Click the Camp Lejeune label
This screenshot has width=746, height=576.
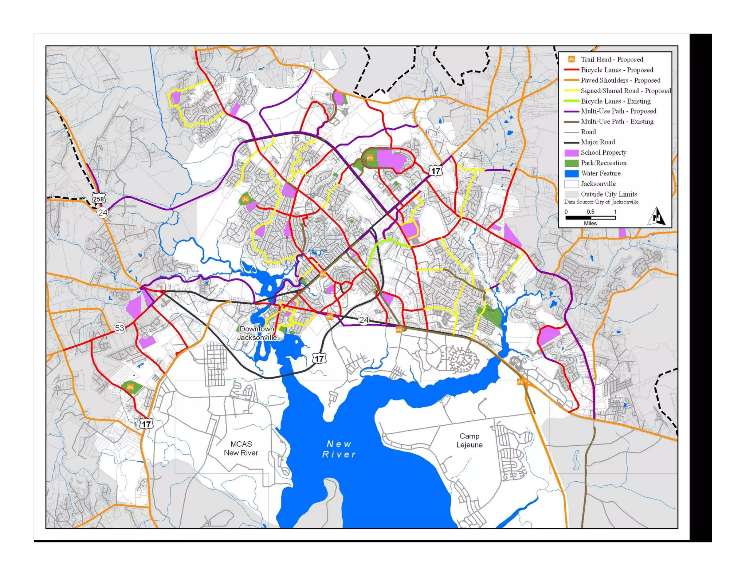[469, 440]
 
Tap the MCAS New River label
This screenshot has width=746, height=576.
[241, 448]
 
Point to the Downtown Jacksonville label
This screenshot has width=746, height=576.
[257, 333]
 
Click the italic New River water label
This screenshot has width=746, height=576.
[339, 449]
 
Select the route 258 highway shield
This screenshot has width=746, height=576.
[98, 198]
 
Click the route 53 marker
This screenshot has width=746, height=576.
[119, 328]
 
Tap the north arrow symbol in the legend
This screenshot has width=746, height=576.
[657, 217]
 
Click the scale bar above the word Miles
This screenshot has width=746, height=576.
[590, 218]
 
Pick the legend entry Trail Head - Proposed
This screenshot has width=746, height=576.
[612, 59]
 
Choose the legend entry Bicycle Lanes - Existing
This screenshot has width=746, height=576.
[615, 101]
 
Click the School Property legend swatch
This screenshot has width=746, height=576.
[571, 153]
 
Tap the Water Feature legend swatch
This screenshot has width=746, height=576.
[571, 174]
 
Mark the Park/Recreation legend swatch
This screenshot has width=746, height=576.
[571, 163]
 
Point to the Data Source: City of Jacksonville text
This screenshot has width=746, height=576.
[601, 202]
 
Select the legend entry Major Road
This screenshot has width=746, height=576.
[597, 142]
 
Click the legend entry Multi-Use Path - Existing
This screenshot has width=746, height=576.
[617, 122]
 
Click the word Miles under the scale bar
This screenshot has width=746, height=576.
[590, 224]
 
